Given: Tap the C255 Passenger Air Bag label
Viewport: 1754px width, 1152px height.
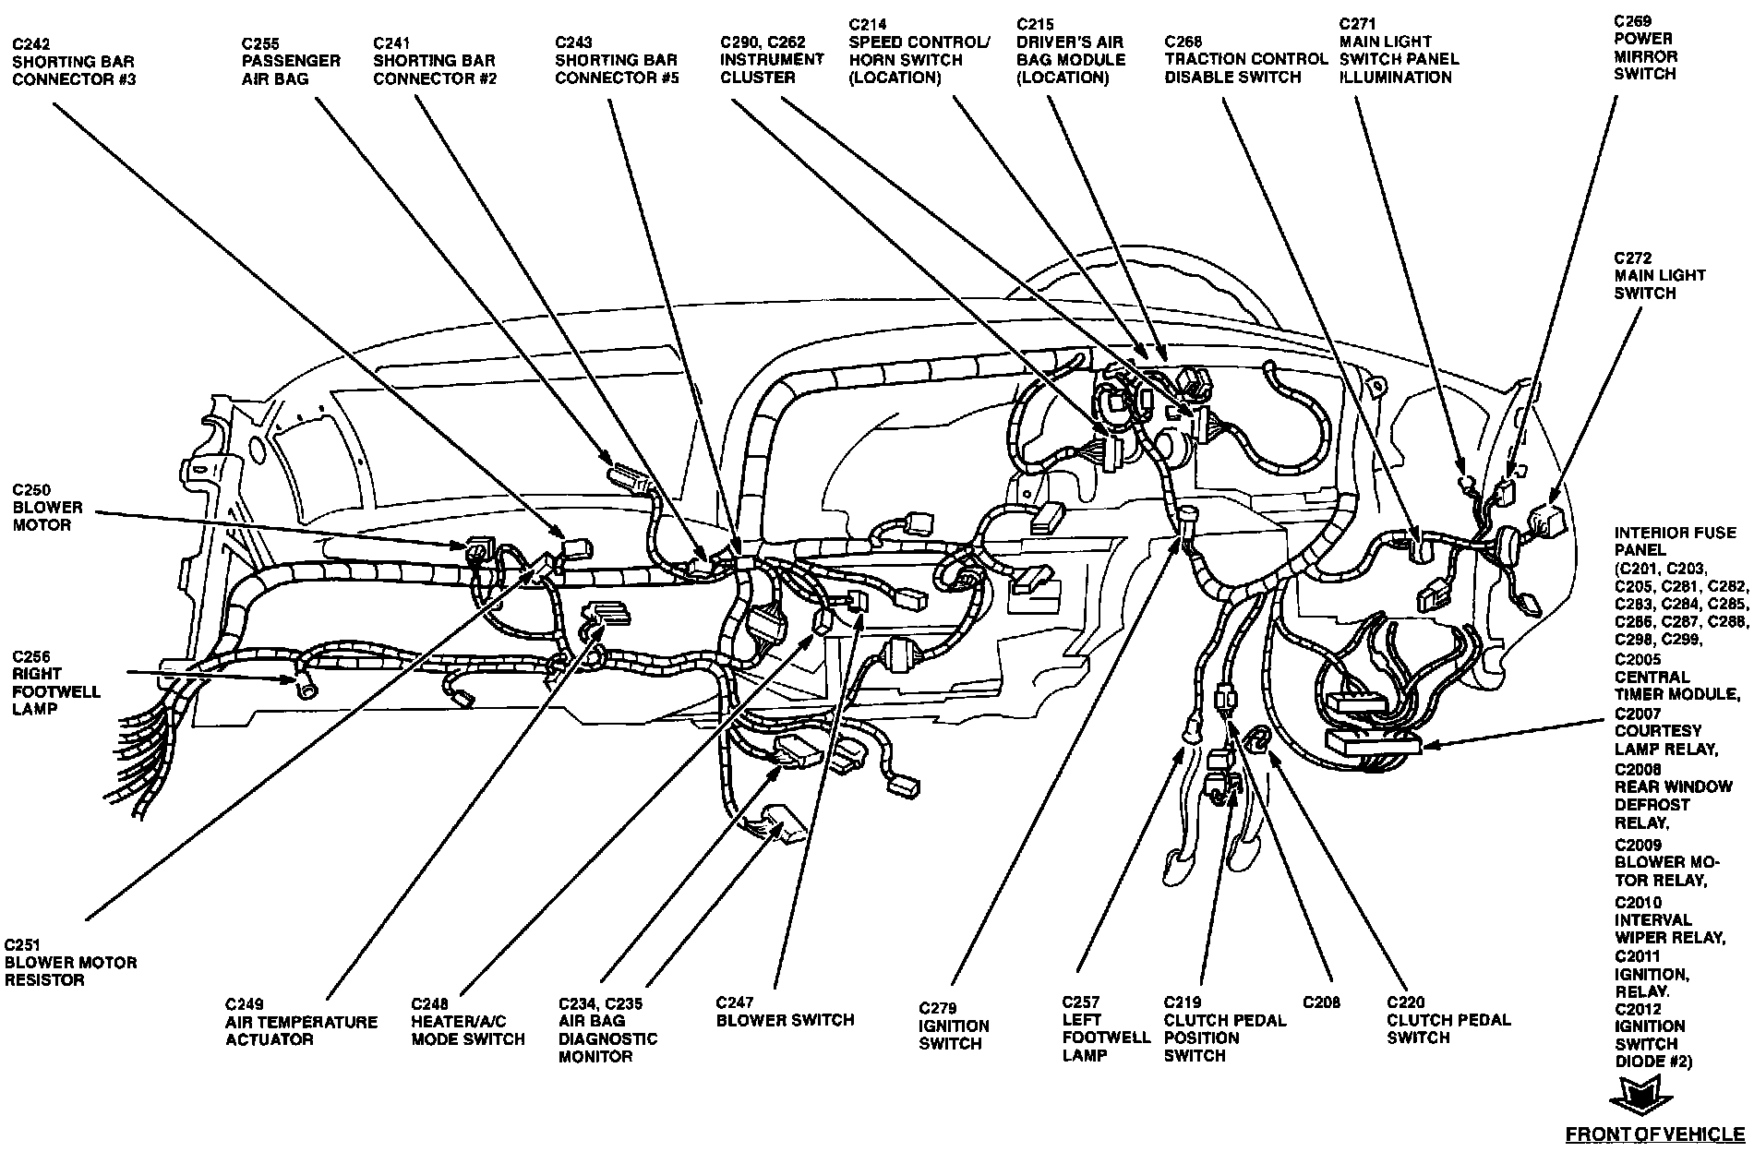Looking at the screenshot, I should [291, 61].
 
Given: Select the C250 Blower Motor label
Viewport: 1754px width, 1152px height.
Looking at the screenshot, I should [48, 507].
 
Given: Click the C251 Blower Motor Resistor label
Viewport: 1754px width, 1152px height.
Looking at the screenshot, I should [70, 962].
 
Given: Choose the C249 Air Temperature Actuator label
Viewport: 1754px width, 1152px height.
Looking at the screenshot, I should [301, 1022].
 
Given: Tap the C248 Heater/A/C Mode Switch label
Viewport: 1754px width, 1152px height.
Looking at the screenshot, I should [468, 1021].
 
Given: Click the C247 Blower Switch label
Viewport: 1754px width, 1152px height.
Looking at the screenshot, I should [785, 1011].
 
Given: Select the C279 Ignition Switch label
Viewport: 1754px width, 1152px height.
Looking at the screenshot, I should [954, 1026].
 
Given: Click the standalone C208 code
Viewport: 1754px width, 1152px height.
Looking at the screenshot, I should [1321, 1002].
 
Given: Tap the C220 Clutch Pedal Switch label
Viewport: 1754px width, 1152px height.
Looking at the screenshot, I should [1448, 1019].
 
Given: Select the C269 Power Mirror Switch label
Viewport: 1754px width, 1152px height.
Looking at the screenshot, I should [1645, 47].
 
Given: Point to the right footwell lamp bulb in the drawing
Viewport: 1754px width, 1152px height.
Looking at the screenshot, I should [302, 684].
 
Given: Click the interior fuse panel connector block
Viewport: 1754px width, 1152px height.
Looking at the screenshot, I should [1371, 741].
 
